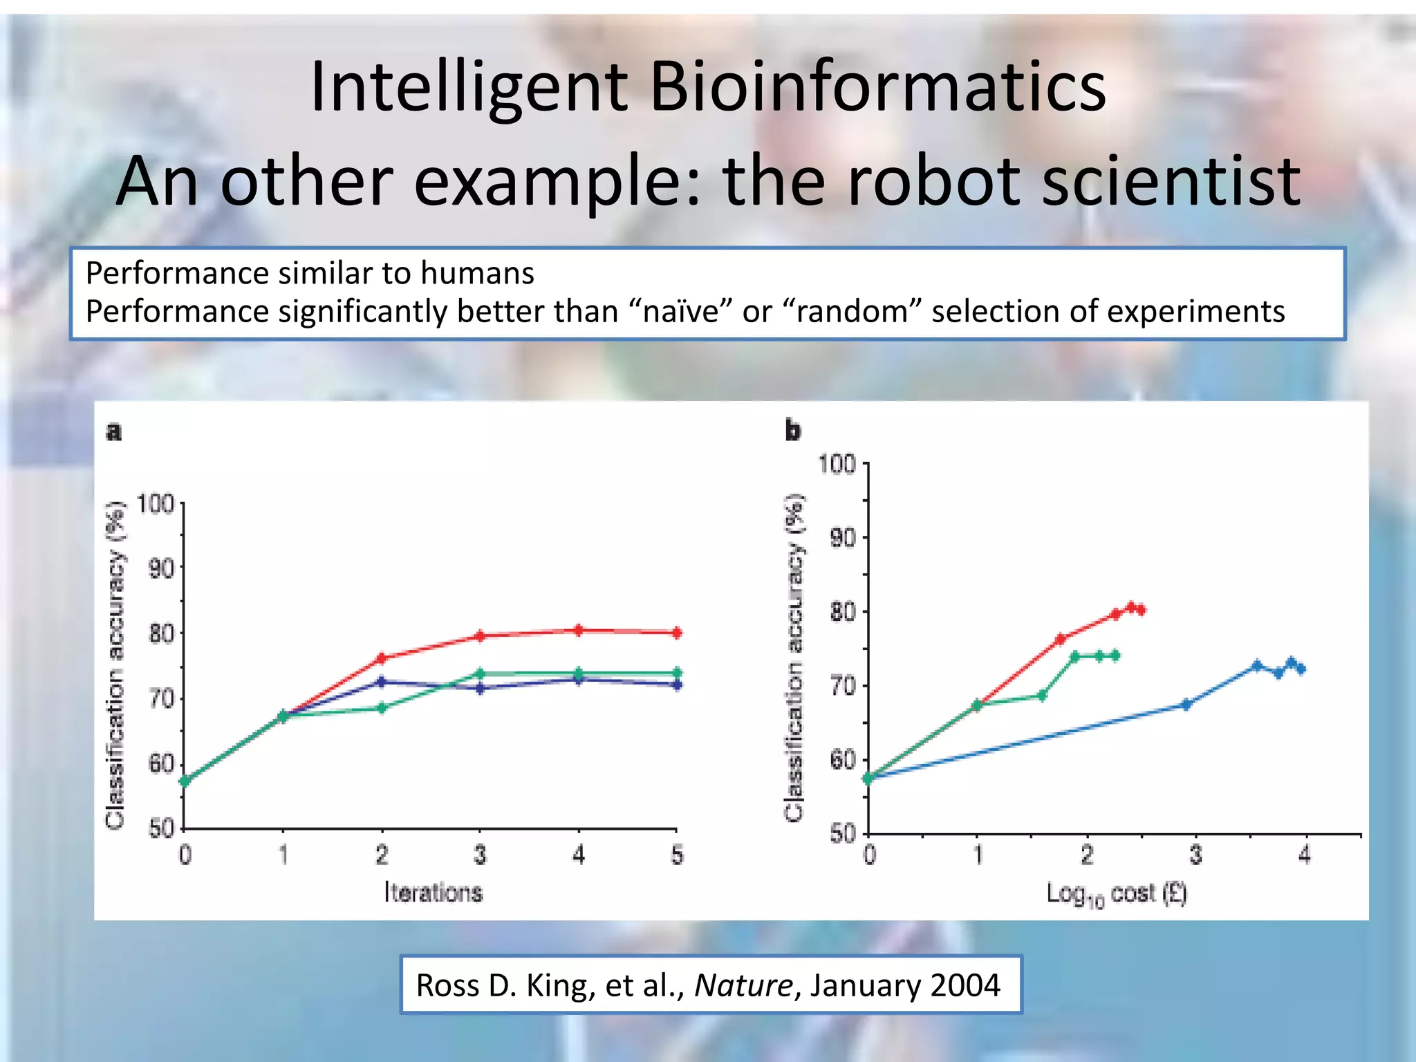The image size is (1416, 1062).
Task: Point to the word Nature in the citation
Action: point(743,985)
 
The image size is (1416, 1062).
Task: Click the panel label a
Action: point(114,432)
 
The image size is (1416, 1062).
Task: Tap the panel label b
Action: point(792,430)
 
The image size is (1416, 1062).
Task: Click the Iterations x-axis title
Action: point(434,893)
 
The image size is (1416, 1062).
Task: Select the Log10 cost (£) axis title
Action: point(1116,894)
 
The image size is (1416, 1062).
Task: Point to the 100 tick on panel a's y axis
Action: point(154,503)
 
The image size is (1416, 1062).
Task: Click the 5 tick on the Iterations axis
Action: point(677,856)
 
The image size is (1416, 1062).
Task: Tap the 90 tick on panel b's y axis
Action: point(842,537)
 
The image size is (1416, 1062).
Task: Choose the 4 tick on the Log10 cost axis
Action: point(1304,856)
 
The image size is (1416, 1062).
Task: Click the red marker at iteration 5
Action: point(677,633)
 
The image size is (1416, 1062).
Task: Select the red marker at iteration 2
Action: point(382,658)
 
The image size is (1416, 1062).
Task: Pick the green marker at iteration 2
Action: point(382,708)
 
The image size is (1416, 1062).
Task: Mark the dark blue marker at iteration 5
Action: point(677,685)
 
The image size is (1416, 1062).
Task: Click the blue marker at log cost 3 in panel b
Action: point(1186,705)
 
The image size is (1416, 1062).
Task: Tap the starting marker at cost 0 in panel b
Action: point(868,779)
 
